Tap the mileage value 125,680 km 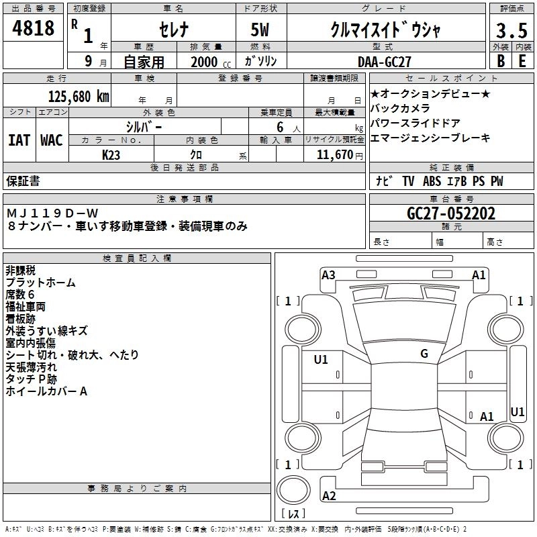pyautogui.click(x=79, y=96)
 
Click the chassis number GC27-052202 pyautogui.click(x=451, y=214)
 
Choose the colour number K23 pyautogui.click(x=111, y=154)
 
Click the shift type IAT pyautogui.click(x=19, y=140)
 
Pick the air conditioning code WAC pyautogui.click(x=51, y=140)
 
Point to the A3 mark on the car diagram pyautogui.click(x=328, y=275)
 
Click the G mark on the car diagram pyautogui.click(x=424, y=353)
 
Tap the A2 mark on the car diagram pyautogui.click(x=329, y=496)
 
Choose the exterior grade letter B pyautogui.click(x=500, y=60)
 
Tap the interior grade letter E pyautogui.click(x=522, y=60)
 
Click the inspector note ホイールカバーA pyautogui.click(x=46, y=391)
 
